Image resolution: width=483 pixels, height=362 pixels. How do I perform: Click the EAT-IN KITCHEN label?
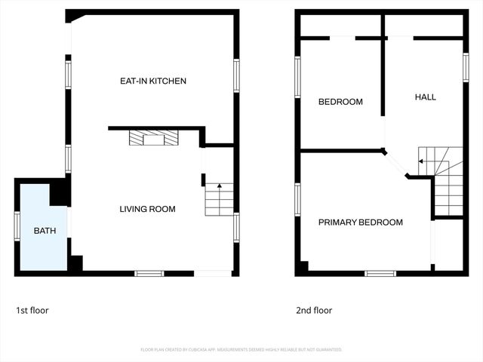pyautogui.click(x=153, y=81)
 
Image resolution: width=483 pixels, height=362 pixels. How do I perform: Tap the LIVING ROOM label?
pyautogui.click(x=147, y=209)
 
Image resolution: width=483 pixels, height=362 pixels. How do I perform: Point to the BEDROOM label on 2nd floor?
pyautogui.click(x=340, y=102)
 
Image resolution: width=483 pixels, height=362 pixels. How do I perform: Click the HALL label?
pyautogui.click(x=426, y=97)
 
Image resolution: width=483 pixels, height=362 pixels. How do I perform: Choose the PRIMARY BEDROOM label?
pyautogui.click(x=360, y=222)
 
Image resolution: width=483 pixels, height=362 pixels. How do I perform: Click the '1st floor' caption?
pyautogui.click(x=32, y=310)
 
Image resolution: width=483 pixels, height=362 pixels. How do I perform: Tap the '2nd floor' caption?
pyautogui.click(x=314, y=310)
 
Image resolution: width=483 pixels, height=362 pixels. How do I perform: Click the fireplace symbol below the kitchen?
pyautogui.click(x=155, y=137)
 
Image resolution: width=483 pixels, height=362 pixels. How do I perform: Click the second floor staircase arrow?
pyautogui.click(x=421, y=161)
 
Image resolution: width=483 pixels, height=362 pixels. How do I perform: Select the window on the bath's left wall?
pyautogui.click(x=17, y=225)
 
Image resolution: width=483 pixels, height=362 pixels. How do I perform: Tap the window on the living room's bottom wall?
pyautogui.click(x=149, y=273)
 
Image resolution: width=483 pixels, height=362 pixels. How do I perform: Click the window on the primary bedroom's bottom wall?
pyautogui.click(x=380, y=273)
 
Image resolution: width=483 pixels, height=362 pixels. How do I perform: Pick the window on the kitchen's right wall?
pyautogui.click(x=236, y=75)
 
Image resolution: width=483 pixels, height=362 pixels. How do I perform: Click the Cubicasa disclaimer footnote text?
pyautogui.click(x=241, y=350)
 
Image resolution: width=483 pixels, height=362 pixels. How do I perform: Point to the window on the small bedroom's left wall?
pyautogui.click(x=297, y=77)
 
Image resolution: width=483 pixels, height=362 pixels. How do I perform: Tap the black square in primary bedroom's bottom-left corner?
pyautogui.click(x=302, y=266)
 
